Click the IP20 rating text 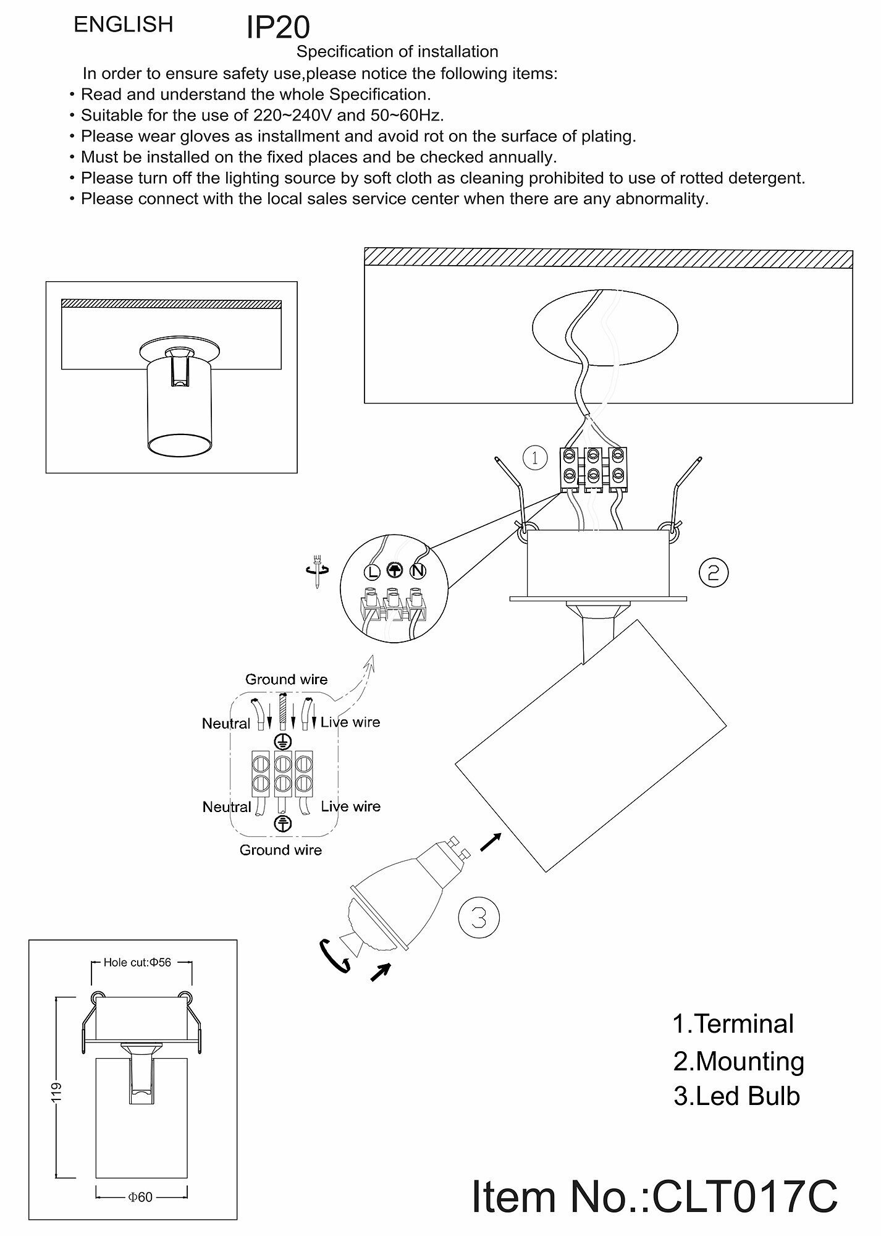click(278, 28)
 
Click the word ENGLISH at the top click(124, 25)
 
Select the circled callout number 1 click(535, 458)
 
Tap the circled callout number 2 click(714, 573)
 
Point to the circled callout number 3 click(479, 918)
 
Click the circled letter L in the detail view click(371, 572)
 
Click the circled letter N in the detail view click(418, 572)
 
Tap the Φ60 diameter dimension click(140, 1197)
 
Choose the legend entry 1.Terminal click(733, 1024)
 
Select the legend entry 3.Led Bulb click(736, 1096)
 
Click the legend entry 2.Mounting click(738, 1060)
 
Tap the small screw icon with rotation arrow click(318, 570)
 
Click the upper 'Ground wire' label click(286, 679)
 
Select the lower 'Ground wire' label click(280, 850)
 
